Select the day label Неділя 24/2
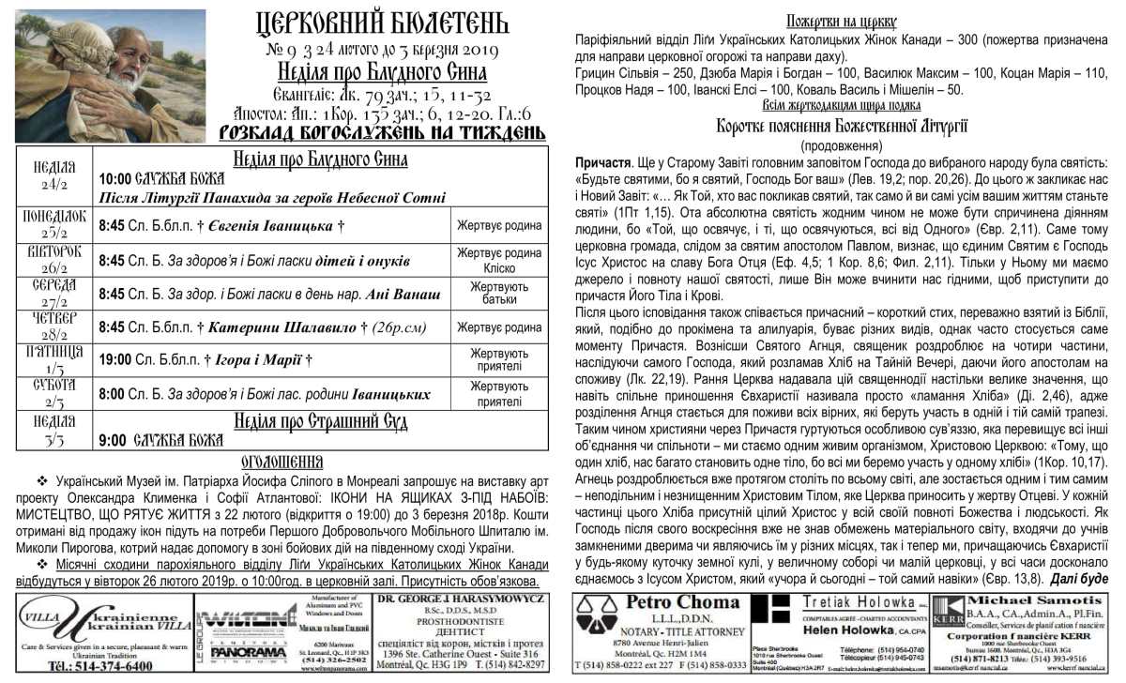54,175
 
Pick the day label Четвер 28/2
54,326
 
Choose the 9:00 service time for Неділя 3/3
111,438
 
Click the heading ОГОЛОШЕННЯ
281,463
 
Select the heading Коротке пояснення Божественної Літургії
842,127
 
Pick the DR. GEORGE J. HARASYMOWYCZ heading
460,598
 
